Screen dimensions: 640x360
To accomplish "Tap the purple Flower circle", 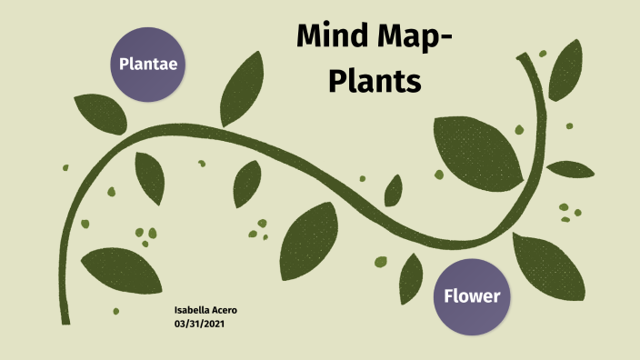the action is [472, 296].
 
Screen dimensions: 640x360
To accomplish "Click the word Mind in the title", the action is [333, 40].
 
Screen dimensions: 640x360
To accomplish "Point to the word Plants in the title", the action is [375, 81].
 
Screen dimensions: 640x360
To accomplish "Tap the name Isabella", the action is [193, 311].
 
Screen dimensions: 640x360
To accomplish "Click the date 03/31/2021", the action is [198, 324].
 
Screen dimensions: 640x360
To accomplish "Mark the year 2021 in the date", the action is [212, 324].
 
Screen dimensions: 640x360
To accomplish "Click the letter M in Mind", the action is [309, 40].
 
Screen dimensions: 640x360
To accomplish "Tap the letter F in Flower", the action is [449, 296].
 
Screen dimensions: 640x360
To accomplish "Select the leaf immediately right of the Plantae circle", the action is [239, 90].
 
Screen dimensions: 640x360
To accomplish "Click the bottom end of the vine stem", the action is [65, 318].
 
